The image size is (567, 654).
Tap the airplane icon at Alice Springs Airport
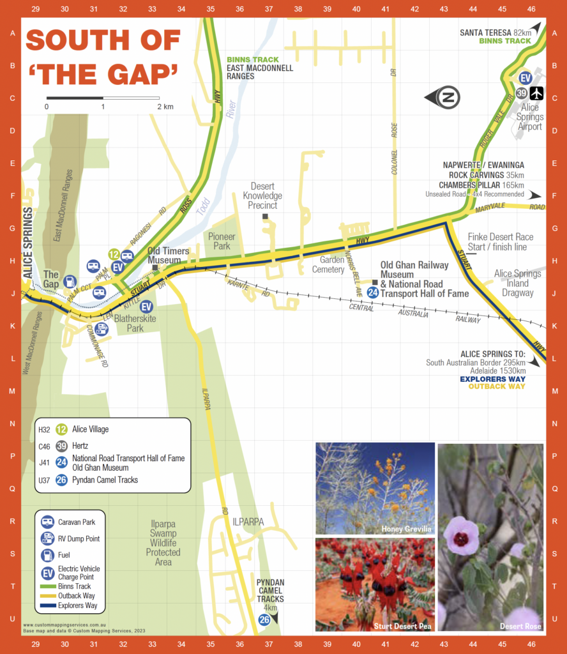pyautogui.click(x=536, y=93)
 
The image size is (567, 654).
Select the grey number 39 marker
pyautogui.click(x=522, y=93)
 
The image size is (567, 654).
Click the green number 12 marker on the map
pyautogui.click(x=114, y=255)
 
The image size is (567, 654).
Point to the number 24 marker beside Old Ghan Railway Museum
pyautogui.click(x=373, y=293)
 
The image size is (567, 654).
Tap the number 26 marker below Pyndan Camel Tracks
pyautogui.click(x=264, y=620)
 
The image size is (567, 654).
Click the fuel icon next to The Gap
pyautogui.click(x=70, y=282)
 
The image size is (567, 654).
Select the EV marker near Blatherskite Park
pyautogui.click(x=146, y=307)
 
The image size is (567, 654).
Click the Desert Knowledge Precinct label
pyautogui.click(x=262, y=196)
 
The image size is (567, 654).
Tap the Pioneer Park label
pyautogui.click(x=222, y=241)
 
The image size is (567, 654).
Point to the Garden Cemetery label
pyautogui.click(x=328, y=265)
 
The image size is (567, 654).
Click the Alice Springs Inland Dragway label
pyautogui.click(x=517, y=283)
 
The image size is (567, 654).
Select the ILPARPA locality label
pyautogui.click(x=248, y=522)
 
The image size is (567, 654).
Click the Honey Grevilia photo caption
pyautogui.click(x=406, y=529)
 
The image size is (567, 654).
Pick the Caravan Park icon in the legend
pyautogui.click(x=48, y=522)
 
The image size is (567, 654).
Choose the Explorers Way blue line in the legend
pyautogui.click(x=48, y=605)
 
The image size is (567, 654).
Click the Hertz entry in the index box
pyautogui.click(x=80, y=446)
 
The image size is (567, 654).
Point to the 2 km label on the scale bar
pyautogui.click(x=165, y=107)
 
